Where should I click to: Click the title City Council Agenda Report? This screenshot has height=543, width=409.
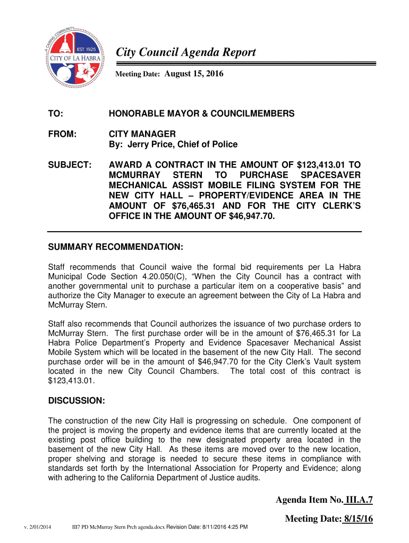(x=186, y=52)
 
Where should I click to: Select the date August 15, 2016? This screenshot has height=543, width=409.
(x=194, y=75)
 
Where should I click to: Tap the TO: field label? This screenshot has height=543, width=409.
(x=55, y=114)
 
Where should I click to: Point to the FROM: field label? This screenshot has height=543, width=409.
(x=61, y=134)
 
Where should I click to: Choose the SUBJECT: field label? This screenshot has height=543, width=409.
(x=69, y=164)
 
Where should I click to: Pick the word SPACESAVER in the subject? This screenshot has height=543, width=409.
(x=330, y=175)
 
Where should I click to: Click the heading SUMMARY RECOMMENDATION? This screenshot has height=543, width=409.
(x=115, y=248)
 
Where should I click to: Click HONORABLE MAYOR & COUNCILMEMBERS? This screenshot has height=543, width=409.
(x=201, y=114)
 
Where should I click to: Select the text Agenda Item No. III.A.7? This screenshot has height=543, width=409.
(x=324, y=500)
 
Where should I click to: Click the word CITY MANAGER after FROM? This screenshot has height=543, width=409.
(x=142, y=134)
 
